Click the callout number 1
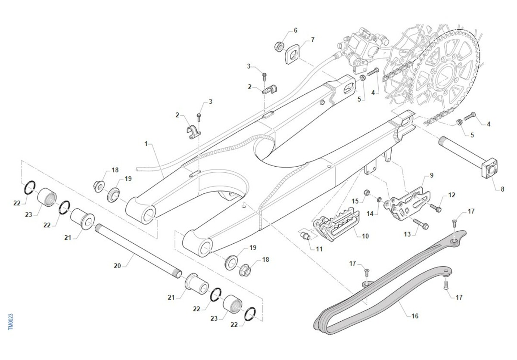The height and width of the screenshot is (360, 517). click(146, 143)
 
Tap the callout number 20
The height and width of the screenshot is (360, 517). click(117, 266)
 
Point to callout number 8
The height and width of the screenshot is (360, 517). click(502, 189)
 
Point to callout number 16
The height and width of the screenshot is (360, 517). click(415, 316)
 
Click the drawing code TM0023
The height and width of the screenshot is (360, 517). click(11, 322)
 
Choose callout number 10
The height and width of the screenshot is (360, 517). click(365, 236)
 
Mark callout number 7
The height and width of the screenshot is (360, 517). click(313, 40)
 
